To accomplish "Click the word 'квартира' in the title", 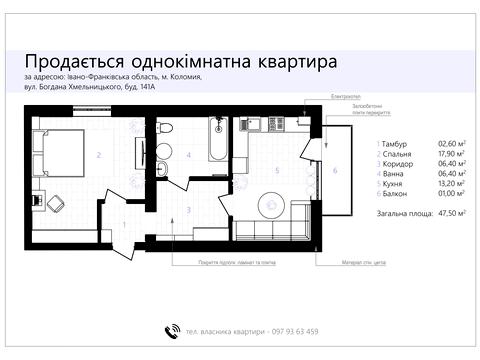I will (288, 61).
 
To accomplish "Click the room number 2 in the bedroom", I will (99, 156).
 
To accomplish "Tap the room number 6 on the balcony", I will (335, 170).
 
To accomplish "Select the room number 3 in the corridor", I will (188, 210).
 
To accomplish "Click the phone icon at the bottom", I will (171, 331).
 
